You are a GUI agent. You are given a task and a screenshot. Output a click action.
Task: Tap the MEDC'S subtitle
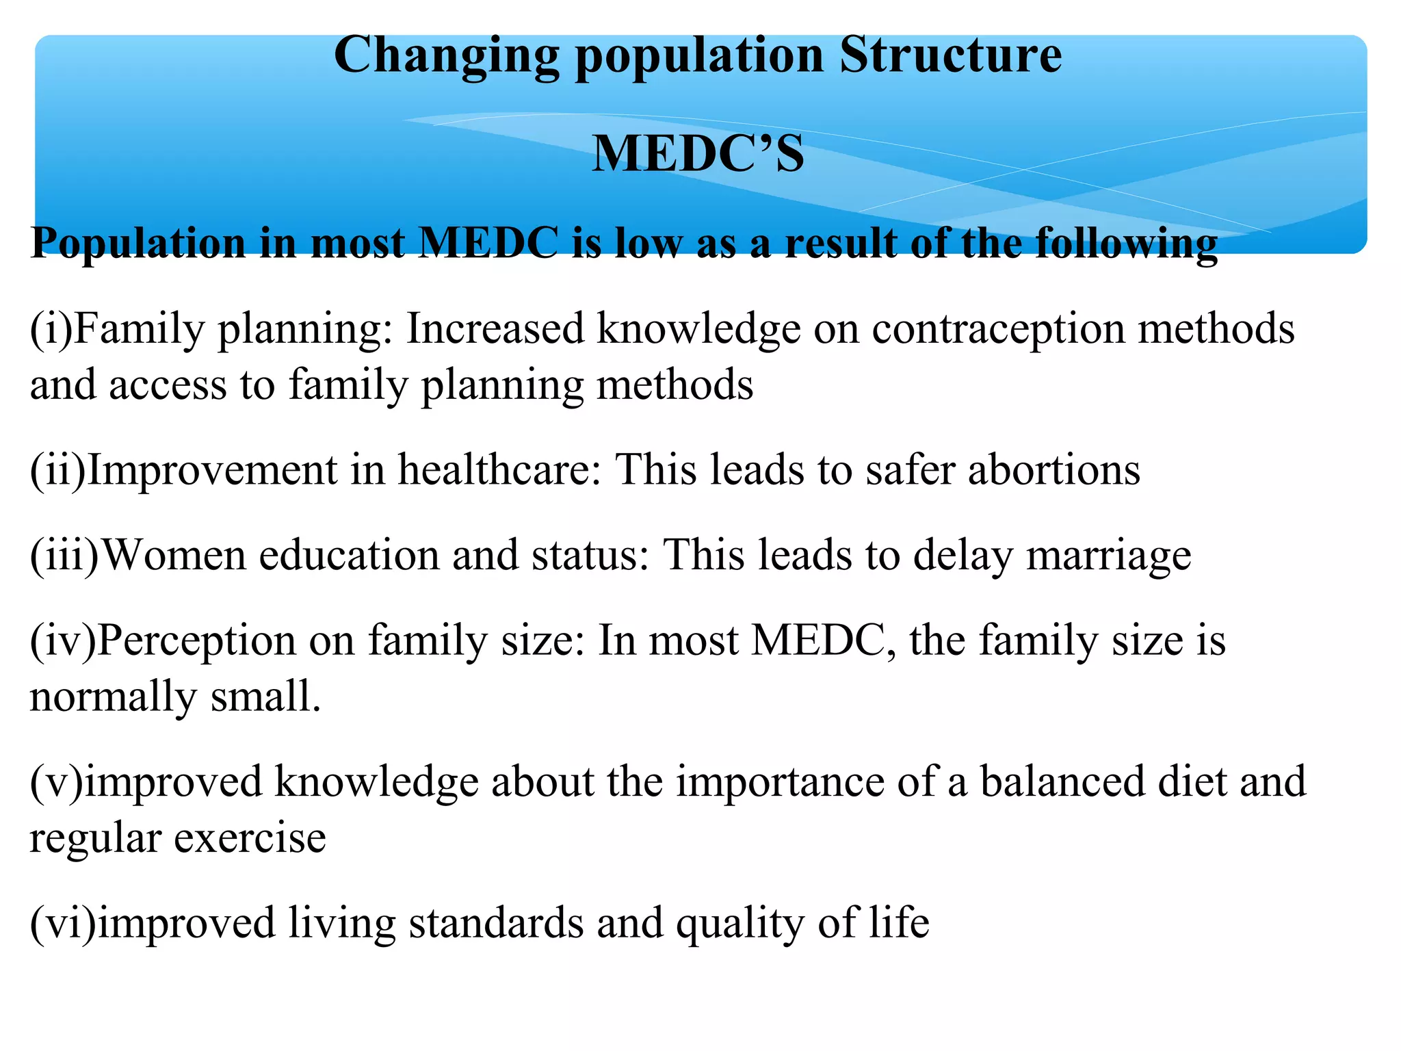click(x=698, y=154)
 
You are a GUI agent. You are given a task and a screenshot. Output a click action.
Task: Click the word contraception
click(x=998, y=329)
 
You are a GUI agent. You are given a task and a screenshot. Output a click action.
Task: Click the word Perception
click(x=196, y=641)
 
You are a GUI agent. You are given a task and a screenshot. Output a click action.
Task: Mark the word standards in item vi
click(x=496, y=923)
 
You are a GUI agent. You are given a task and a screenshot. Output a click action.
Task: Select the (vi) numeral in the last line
click(x=62, y=923)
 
